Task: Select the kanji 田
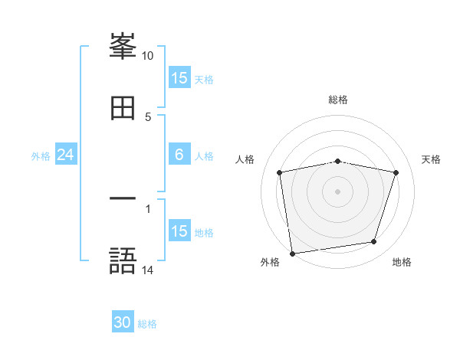[123, 108]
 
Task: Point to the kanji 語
[123, 260]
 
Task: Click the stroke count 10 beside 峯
[148, 56]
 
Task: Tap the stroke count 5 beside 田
[148, 116]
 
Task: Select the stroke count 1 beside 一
[148, 208]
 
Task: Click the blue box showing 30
[123, 323]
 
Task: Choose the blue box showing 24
[66, 155]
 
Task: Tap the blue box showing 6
[179, 155]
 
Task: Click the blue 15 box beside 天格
[179, 78]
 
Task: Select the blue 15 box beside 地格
[179, 231]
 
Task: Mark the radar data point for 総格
[337, 161]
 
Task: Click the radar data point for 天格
[396, 172]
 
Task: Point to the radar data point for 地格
[373, 241]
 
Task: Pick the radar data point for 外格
[292, 253]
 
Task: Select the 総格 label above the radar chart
[337, 100]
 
